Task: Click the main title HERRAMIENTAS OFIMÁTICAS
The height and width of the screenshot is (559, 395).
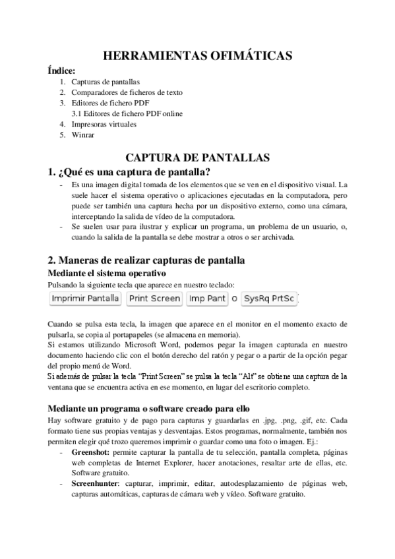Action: [x=197, y=57]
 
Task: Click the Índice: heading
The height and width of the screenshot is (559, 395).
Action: [x=62, y=71]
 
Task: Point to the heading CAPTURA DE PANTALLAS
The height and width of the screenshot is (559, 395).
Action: [x=197, y=158]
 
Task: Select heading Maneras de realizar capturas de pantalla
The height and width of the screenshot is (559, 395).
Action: [x=146, y=259]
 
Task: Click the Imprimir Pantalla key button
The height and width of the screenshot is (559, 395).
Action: [x=86, y=299]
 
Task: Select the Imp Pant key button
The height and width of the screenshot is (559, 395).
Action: [x=207, y=299]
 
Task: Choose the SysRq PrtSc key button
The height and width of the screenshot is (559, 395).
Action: [x=269, y=299]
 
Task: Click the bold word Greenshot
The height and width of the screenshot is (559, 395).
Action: [x=92, y=454]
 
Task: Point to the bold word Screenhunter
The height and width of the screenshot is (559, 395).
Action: [x=96, y=484]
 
